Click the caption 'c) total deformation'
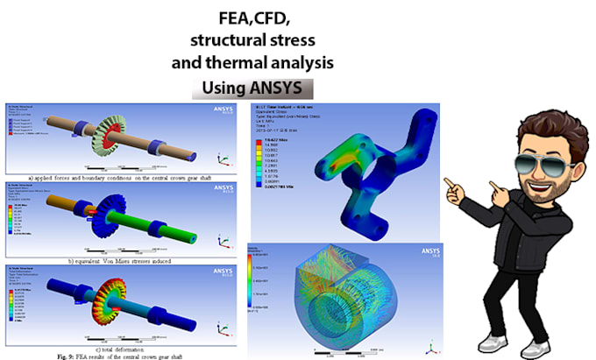click(123, 337)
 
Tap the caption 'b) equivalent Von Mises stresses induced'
click(123, 261)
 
